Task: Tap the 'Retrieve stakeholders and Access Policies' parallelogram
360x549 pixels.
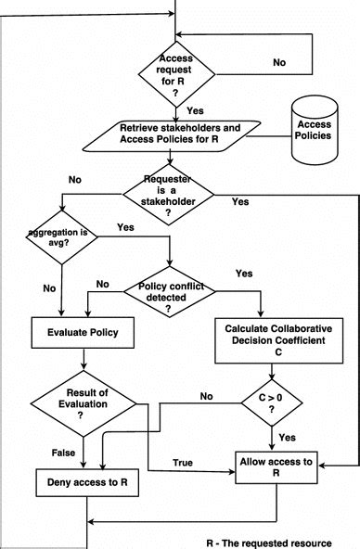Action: [x=170, y=134]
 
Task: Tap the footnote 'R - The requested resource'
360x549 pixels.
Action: [x=279, y=539]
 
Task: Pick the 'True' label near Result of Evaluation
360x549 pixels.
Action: [x=183, y=462]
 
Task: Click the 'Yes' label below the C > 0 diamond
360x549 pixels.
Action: [x=288, y=436]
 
